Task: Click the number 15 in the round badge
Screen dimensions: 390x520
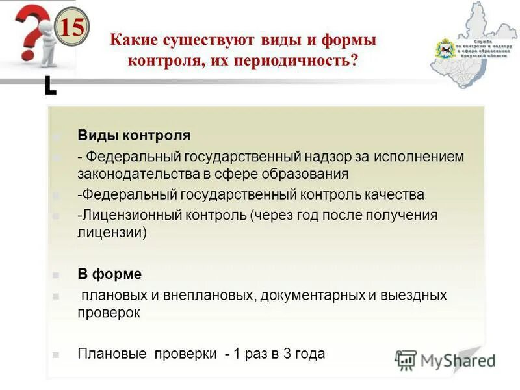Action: [72, 28]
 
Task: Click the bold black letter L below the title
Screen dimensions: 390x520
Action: [50, 86]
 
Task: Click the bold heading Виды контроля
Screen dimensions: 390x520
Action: [134, 135]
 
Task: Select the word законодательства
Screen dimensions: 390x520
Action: [135, 174]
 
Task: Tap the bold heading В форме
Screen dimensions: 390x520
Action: [109, 274]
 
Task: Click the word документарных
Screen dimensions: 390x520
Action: [313, 295]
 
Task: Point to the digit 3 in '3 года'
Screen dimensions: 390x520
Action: [285, 354]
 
